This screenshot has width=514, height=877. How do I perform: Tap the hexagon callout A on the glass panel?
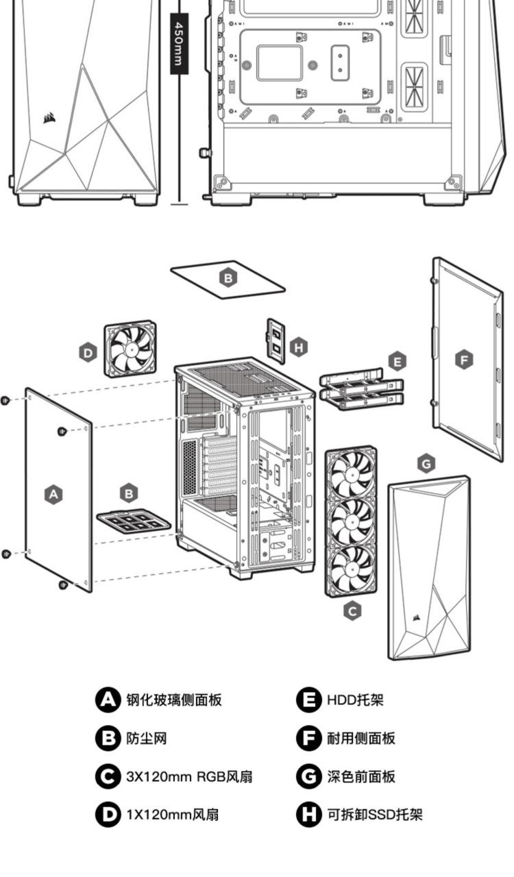(53, 493)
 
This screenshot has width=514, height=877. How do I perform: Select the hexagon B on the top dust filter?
(228, 278)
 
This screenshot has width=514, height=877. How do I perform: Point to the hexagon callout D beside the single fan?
(88, 354)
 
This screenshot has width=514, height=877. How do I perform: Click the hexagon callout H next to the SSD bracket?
(299, 347)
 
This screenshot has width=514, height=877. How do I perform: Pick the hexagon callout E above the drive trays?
(396, 361)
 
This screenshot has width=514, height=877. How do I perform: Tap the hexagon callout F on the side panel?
(465, 359)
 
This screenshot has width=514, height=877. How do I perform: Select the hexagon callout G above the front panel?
(426, 464)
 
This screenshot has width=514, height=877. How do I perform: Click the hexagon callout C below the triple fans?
(352, 610)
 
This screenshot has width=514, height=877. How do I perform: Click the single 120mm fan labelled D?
(130, 349)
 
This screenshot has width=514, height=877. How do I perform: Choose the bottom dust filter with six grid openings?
(133, 522)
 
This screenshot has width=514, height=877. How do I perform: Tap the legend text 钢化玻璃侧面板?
(173, 700)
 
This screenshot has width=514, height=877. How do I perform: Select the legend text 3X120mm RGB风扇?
(189, 776)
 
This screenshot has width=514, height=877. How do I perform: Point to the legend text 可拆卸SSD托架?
(374, 815)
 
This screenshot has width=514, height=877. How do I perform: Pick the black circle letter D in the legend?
(108, 815)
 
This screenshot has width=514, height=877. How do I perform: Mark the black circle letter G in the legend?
(309, 776)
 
